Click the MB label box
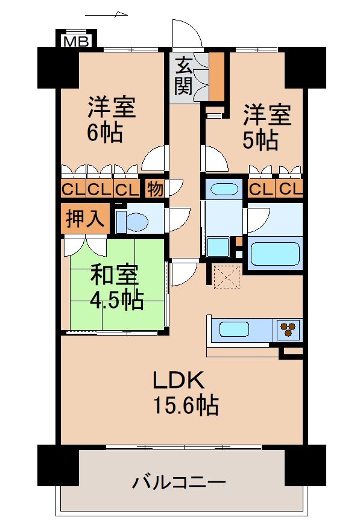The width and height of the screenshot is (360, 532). coord(77,40)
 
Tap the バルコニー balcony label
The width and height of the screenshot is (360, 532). coord(179,482)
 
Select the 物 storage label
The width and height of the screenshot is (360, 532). coord(154,189)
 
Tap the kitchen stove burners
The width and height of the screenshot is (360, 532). coord(289,329)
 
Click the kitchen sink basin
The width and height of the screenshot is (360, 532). coord(234,329)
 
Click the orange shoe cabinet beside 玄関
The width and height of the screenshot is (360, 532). coord(216,75)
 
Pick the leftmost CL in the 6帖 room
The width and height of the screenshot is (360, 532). coord(73,189)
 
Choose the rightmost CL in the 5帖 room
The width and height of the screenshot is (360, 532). coord(289,189)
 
